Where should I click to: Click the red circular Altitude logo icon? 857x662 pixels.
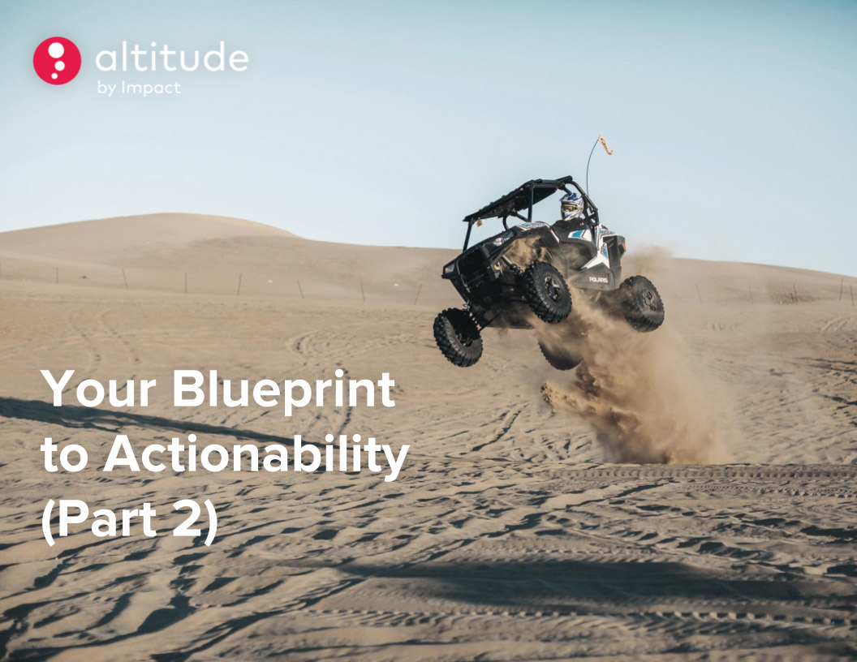pos(57,61)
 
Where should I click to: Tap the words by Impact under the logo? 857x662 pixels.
pos(139,88)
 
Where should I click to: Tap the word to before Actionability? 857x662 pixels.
pos(64,457)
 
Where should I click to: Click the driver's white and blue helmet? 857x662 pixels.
pos(571,205)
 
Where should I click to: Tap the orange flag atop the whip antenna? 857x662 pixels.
pos(605,144)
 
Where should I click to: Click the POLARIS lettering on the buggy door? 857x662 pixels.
pos(598,280)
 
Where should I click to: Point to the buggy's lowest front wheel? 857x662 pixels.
pos(458,337)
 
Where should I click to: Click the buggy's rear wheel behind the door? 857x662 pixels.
pos(642,303)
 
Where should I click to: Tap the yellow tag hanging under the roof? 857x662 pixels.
pos(479,222)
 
